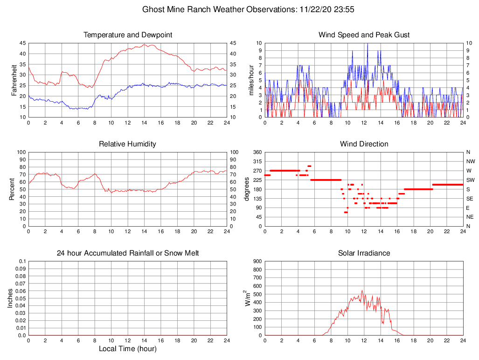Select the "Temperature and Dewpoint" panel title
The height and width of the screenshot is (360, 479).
(x=128, y=35)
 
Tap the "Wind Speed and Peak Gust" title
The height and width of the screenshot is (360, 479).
(x=364, y=35)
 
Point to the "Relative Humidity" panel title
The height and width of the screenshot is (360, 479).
(x=128, y=144)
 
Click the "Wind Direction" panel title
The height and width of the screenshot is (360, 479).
(x=364, y=144)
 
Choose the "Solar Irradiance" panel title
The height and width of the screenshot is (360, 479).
(x=364, y=253)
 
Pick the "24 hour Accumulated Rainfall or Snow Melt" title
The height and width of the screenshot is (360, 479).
(x=128, y=253)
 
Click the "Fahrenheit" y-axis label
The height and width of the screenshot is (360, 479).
(x=14, y=80)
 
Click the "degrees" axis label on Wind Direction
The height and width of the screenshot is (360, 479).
(x=247, y=189)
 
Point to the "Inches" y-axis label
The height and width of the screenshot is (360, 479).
(x=10, y=298)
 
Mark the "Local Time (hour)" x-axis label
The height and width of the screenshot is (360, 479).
(x=128, y=349)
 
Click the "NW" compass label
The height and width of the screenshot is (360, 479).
(x=469, y=161)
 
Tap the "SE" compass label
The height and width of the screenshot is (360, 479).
(x=469, y=198)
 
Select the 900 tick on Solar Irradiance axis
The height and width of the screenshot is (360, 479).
(x=257, y=262)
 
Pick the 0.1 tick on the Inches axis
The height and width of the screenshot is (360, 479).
(x=22, y=262)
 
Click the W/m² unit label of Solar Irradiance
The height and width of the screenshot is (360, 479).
(x=248, y=298)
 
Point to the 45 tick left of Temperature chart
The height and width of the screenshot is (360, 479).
(x=22, y=43)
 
